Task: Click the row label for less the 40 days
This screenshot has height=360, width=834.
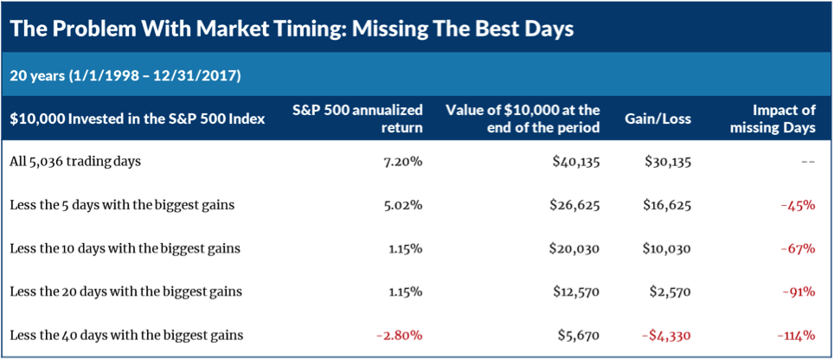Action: coord(125,335)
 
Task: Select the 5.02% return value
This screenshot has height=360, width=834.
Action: coord(401,205)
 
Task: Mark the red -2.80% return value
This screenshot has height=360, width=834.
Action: coord(397,335)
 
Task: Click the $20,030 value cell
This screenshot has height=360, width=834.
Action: coord(574,248)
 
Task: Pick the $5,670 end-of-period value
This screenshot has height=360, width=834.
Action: coord(579,335)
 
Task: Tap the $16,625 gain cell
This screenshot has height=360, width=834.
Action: coord(667,205)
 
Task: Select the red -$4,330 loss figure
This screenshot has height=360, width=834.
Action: coord(663,335)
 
